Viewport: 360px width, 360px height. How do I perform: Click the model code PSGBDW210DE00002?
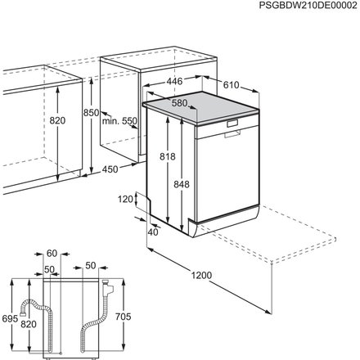click(303, 7)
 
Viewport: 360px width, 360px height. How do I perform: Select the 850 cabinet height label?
click(91, 112)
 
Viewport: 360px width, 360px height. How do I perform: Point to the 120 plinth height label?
click(124, 198)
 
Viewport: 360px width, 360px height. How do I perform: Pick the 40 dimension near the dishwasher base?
click(153, 231)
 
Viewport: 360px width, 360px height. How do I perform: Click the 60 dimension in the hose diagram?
click(52, 254)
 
